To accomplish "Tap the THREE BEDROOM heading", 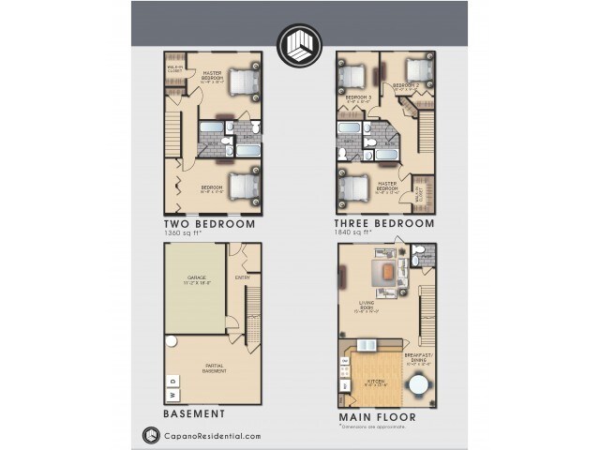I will [x=384, y=224].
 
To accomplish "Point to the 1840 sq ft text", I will [x=364, y=233].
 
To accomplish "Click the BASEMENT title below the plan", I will [x=193, y=412].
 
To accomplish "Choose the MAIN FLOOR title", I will [x=375, y=412].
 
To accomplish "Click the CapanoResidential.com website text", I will [x=208, y=435].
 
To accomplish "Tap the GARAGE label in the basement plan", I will [x=196, y=277].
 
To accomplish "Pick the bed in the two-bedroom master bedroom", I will [x=242, y=82].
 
